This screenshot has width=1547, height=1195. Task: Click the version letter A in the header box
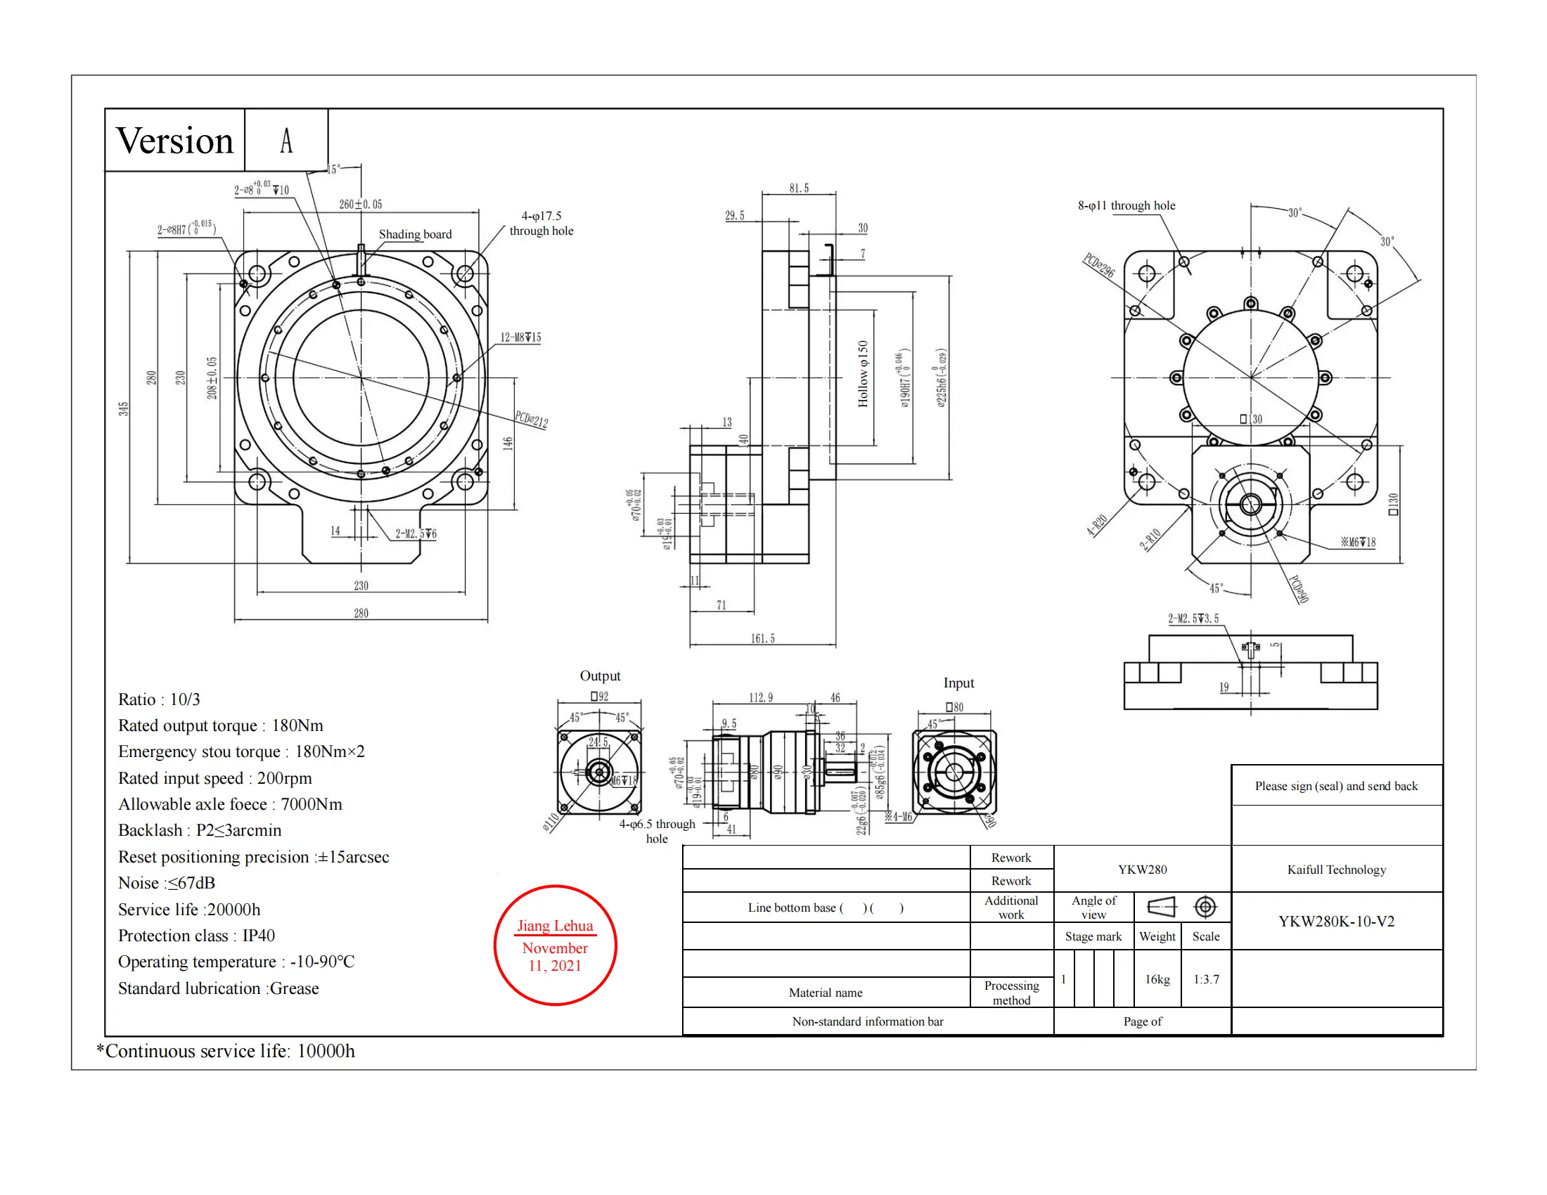pyautogui.click(x=286, y=140)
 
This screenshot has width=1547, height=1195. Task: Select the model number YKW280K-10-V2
pyautogui.click(x=1336, y=921)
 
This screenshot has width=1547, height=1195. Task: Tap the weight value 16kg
pyautogui.click(x=1157, y=979)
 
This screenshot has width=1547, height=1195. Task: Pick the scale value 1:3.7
pyautogui.click(x=1205, y=979)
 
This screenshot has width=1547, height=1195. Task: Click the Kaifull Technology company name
pyautogui.click(x=1336, y=870)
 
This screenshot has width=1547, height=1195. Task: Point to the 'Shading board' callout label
pyautogui.click(x=415, y=234)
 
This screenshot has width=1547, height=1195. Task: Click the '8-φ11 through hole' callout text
pyautogui.click(x=1126, y=205)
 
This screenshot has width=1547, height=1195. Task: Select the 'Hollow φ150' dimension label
pyautogui.click(x=863, y=374)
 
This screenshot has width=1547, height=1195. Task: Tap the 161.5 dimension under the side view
pyautogui.click(x=762, y=638)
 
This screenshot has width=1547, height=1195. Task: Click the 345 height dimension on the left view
pyautogui.click(x=124, y=408)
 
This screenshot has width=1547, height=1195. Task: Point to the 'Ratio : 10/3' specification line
pyautogui.click(x=160, y=699)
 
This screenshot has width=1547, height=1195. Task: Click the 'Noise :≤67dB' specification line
pyautogui.click(x=167, y=883)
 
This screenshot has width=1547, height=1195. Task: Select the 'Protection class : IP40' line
pyautogui.click(x=196, y=935)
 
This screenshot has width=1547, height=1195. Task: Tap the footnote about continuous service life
pyautogui.click(x=226, y=1051)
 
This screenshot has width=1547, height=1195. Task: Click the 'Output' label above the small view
pyautogui.click(x=600, y=676)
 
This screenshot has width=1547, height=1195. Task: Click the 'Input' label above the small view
pyautogui.click(x=958, y=683)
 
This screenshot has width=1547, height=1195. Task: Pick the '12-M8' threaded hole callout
pyautogui.click(x=520, y=337)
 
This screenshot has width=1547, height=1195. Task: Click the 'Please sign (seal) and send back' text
pyautogui.click(x=1336, y=786)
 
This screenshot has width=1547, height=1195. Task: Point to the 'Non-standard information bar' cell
pyautogui.click(x=867, y=1021)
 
